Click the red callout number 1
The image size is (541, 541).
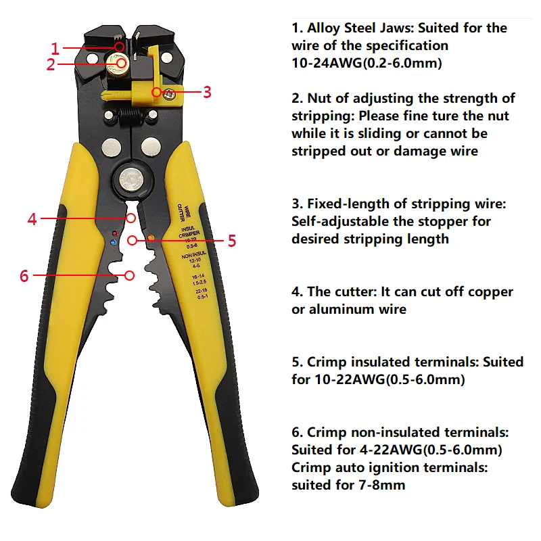(x=55, y=48)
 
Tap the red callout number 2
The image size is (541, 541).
(x=51, y=65)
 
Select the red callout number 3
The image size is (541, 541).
(x=207, y=91)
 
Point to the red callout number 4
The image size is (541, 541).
(x=32, y=218)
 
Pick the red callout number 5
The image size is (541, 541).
(x=231, y=240)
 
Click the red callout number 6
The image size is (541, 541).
(x=24, y=275)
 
